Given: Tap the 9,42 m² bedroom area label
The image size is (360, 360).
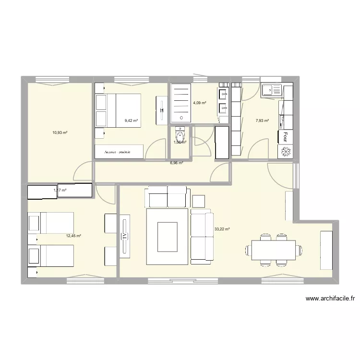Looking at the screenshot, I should click(x=131, y=121).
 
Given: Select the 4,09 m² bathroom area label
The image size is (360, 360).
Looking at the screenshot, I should click(x=200, y=103).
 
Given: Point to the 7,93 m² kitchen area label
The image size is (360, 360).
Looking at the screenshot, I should click(x=263, y=121).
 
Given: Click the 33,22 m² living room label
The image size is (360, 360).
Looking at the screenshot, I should click(x=222, y=229).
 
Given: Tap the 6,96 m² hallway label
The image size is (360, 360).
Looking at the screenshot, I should click(x=177, y=163).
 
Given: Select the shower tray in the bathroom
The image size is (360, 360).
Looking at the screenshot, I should click(x=181, y=103).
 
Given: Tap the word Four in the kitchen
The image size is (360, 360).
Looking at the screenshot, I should click(x=286, y=137).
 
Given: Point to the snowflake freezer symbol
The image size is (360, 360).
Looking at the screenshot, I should click(x=283, y=151).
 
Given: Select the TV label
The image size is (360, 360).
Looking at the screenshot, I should click(x=124, y=236).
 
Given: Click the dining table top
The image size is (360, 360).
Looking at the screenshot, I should click(x=274, y=250).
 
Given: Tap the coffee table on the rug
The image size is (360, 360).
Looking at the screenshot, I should click(x=167, y=230).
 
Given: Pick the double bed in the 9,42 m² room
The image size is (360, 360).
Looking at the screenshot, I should click(x=119, y=111).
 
